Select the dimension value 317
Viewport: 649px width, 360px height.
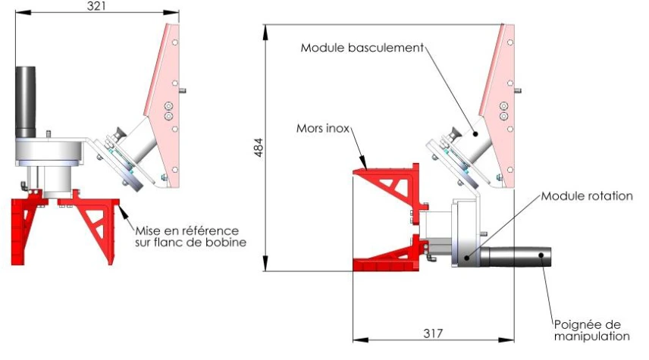point(432,332)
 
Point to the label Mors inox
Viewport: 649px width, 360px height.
point(322,129)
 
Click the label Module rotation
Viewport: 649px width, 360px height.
point(586,196)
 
